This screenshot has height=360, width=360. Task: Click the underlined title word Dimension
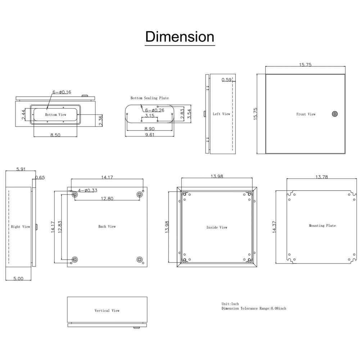[180, 37]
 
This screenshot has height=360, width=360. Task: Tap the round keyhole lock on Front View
[334, 114]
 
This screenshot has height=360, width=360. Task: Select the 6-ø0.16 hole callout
[62, 92]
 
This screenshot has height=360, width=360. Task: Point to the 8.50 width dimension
[55, 135]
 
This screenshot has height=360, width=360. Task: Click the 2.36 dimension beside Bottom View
[100, 120]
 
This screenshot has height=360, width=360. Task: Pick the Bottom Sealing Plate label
[149, 98]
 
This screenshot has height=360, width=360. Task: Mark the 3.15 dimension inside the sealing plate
[149, 116]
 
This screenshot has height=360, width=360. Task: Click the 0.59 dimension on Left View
[226, 80]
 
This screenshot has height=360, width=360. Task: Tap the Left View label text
[221, 114]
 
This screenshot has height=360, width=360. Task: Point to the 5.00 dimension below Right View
[18, 278]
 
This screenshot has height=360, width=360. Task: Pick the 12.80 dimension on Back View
[107, 198]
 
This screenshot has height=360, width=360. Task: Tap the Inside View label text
[217, 228]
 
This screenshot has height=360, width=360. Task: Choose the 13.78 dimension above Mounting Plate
[324, 177]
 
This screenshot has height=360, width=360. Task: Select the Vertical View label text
[107, 310]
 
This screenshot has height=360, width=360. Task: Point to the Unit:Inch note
[230, 304]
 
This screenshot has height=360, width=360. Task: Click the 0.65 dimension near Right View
[40, 177]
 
